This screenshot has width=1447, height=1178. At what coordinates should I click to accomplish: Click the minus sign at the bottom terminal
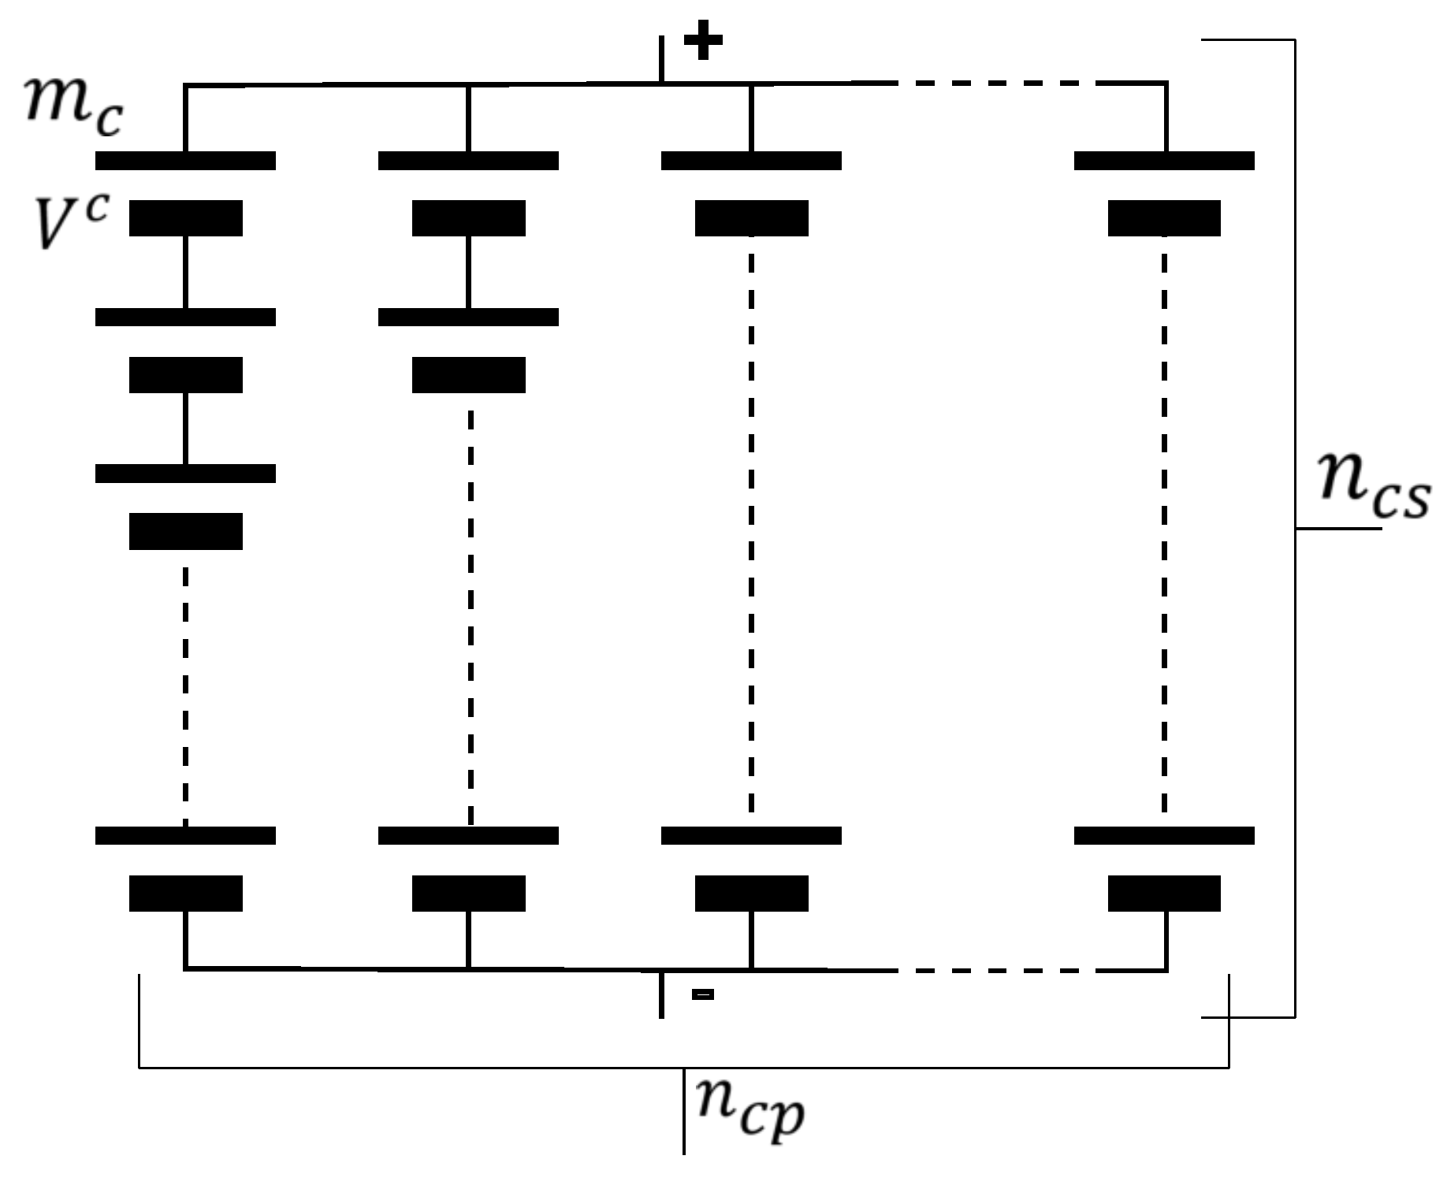pos(702,995)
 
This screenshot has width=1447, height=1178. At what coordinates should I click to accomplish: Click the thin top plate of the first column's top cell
pos(185,160)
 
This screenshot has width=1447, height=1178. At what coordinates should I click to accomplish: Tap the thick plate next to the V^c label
pos(185,218)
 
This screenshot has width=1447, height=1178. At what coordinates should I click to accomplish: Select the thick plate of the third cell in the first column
pos(185,531)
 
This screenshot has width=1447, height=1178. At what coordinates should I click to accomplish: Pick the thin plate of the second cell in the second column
pos(468,317)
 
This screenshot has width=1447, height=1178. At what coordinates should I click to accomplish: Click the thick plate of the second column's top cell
pos(468,218)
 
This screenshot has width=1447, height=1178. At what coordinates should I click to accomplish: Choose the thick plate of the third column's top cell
pos(751,218)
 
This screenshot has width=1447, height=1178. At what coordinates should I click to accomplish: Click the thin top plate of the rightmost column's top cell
pos(1164,160)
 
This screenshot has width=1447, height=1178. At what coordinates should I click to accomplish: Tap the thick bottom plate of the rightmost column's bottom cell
pos(1164,893)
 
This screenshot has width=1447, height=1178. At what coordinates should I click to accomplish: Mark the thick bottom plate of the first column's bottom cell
pos(185,893)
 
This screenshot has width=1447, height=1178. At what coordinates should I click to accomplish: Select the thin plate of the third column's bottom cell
pos(751,835)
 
